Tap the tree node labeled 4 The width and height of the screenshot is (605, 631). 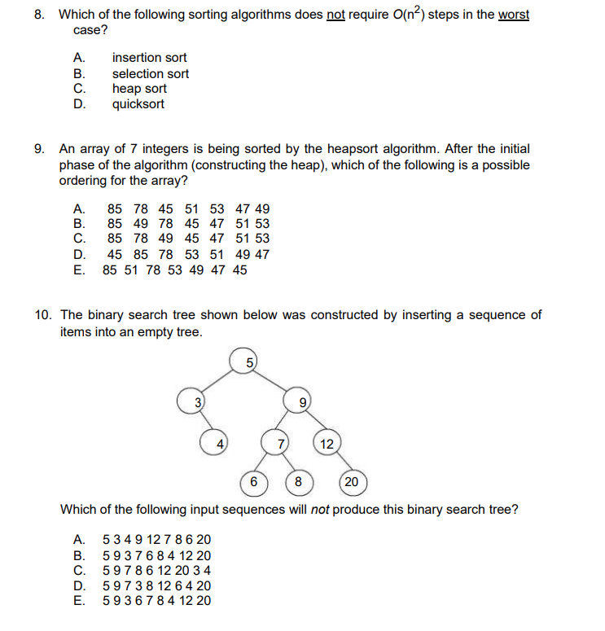(218, 444)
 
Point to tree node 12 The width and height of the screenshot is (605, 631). (327, 444)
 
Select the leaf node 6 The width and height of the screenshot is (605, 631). (253, 482)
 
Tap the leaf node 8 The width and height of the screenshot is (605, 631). (298, 482)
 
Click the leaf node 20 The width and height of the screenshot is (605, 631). (351, 482)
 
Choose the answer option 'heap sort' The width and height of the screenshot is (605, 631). (139, 89)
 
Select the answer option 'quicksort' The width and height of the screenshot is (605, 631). (138, 104)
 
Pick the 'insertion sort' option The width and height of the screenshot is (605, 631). (149, 58)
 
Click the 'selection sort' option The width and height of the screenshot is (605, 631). (151, 73)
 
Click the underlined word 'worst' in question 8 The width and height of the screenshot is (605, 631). (513, 15)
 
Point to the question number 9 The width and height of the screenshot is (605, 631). (40, 149)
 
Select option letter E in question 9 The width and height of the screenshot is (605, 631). (78, 269)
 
